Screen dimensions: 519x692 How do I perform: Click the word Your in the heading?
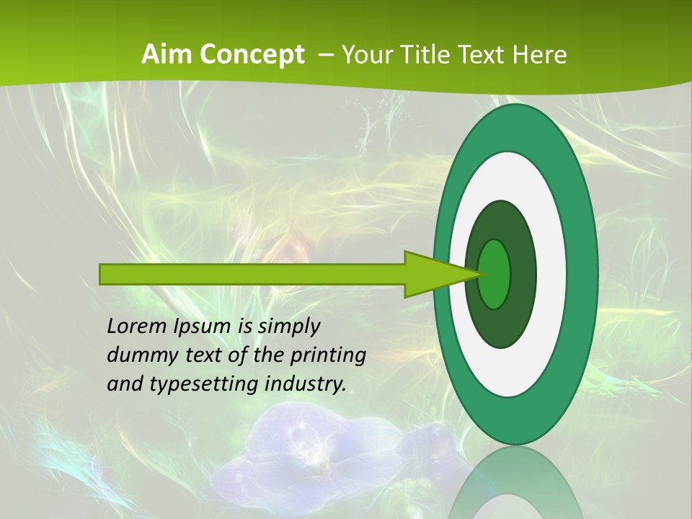[366, 55]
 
